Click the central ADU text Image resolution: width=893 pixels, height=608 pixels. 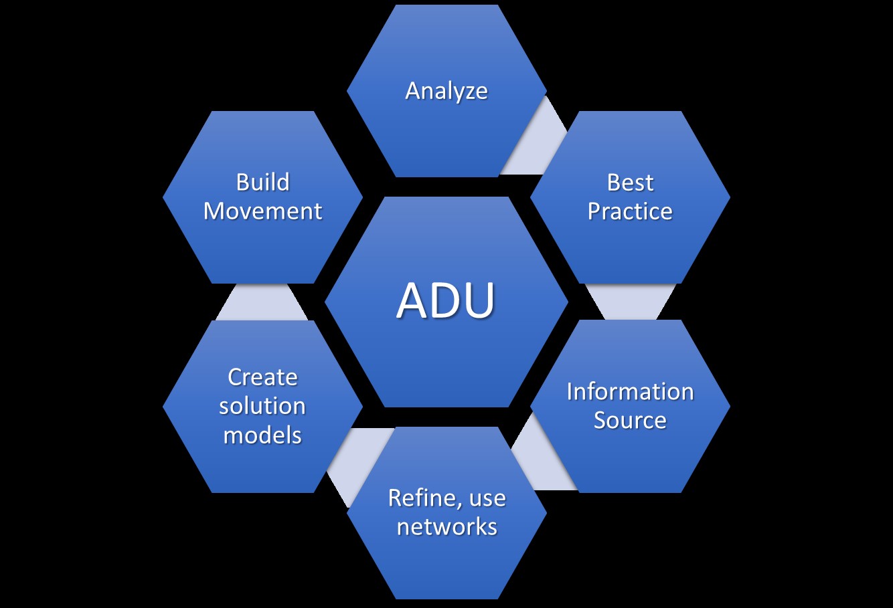pos(446,300)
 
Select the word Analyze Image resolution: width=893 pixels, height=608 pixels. pos(447,91)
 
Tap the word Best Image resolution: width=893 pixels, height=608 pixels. pos(630,183)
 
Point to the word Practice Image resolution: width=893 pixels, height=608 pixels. pos(630,211)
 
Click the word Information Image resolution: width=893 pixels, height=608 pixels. pos(630,391)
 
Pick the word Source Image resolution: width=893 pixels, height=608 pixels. pos(630,420)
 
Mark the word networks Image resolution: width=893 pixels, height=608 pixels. pos(447,526)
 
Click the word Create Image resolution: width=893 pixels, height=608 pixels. pos(262,377)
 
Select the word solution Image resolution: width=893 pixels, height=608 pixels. pos(262,406)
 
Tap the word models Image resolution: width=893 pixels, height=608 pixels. pos(262,435)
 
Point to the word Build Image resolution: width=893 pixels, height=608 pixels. pos(262,183)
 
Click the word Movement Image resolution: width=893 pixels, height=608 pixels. pos(262,211)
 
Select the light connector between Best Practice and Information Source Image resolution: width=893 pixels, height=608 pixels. pos(630,302)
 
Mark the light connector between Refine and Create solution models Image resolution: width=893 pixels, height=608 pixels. pos(355,462)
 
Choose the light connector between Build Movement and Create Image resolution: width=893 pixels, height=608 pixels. pos(262,302)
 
